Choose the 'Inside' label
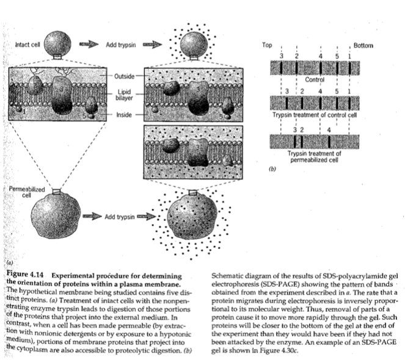[124, 114]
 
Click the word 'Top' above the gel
[266, 46]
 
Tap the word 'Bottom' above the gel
[363, 46]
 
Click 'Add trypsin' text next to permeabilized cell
[119, 217]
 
